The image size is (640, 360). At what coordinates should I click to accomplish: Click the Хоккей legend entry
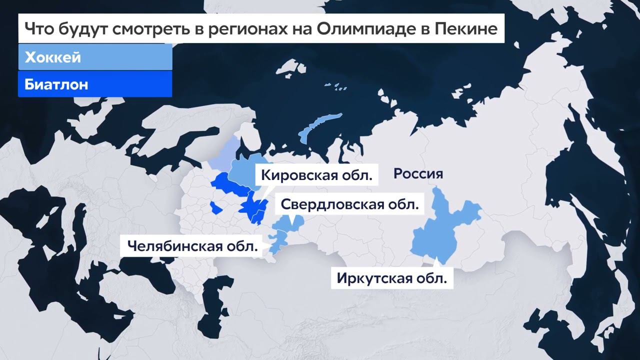(53, 57)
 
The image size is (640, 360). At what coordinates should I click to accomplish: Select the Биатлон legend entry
(56, 84)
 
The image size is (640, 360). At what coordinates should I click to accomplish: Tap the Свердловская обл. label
(349, 204)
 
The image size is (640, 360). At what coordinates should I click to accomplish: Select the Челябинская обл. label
(192, 246)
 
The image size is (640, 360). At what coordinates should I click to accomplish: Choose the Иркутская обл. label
(391, 278)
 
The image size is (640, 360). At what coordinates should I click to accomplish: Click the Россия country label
(418, 174)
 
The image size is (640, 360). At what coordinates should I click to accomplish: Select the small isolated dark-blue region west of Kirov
(215, 207)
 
